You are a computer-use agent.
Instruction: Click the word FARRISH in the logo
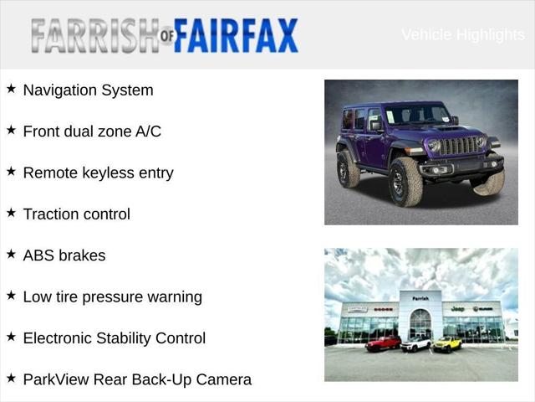tap(93, 35)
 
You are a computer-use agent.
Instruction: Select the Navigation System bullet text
tap(88, 90)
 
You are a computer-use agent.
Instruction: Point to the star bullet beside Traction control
tap(11, 213)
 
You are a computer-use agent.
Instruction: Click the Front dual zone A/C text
tap(92, 131)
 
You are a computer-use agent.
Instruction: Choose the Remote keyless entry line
tap(98, 173)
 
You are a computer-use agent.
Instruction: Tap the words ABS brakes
tap(64, 255)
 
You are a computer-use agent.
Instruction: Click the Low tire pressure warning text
tap(112, 296)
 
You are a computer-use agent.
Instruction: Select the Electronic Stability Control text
tap(114, 338)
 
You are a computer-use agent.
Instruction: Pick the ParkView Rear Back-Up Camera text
tap(137, 379)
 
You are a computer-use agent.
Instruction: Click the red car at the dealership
tap(384, 343)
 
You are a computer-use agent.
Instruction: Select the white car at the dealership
tap(415, 343)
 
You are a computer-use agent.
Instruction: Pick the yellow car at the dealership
tap(447, 343)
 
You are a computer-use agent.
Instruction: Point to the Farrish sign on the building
tap(420, 298)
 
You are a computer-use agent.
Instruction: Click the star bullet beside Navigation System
tap(11, 89)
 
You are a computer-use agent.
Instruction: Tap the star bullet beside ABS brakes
tap(11, 254)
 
